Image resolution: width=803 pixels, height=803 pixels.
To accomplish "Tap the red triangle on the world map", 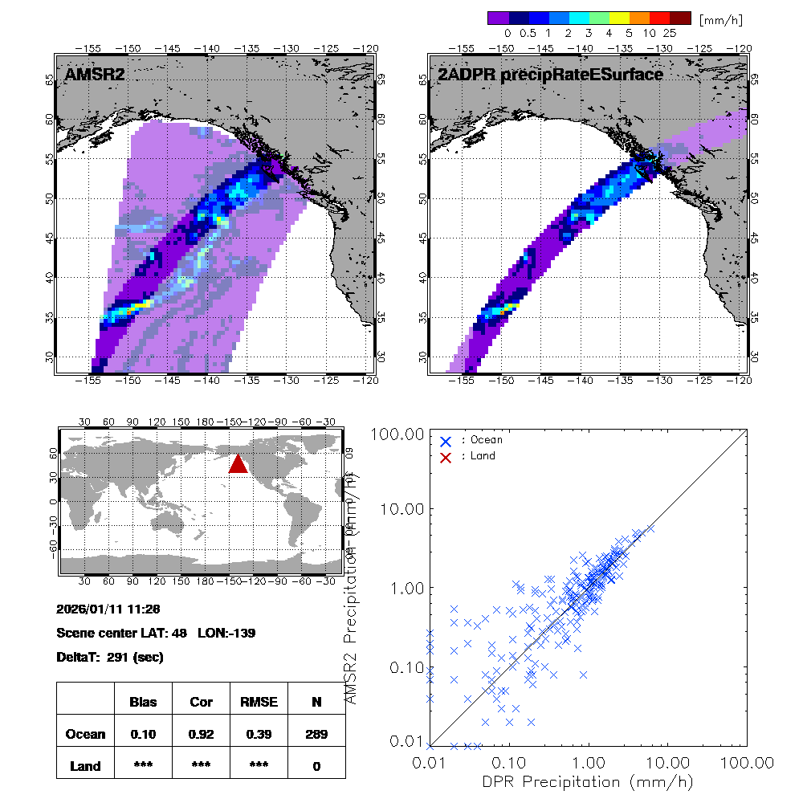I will pos(238,464).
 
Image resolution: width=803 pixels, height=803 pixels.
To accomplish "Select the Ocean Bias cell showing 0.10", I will pos(143,734).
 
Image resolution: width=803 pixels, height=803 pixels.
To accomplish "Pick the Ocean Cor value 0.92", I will pos(201,734).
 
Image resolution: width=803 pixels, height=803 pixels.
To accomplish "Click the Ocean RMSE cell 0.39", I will pos(259,734).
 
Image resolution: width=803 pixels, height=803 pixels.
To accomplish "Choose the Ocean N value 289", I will pos(316,734).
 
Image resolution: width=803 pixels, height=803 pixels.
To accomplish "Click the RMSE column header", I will pos(259,702).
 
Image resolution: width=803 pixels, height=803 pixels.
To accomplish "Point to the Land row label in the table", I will pos(85,766).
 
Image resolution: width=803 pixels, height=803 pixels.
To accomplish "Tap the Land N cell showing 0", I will pos(316,766).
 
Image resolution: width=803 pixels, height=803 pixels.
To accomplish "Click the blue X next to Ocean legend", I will pos(446,440).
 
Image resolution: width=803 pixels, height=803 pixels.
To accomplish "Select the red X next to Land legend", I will pos(446,456).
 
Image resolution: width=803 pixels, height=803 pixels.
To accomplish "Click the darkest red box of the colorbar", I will pos(680,18).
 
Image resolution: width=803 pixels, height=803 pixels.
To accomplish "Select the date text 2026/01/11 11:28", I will pos(109,608).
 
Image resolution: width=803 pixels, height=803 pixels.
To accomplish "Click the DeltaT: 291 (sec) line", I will pos(110,657).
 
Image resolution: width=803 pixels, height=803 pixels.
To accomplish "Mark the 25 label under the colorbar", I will pos(670,34).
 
